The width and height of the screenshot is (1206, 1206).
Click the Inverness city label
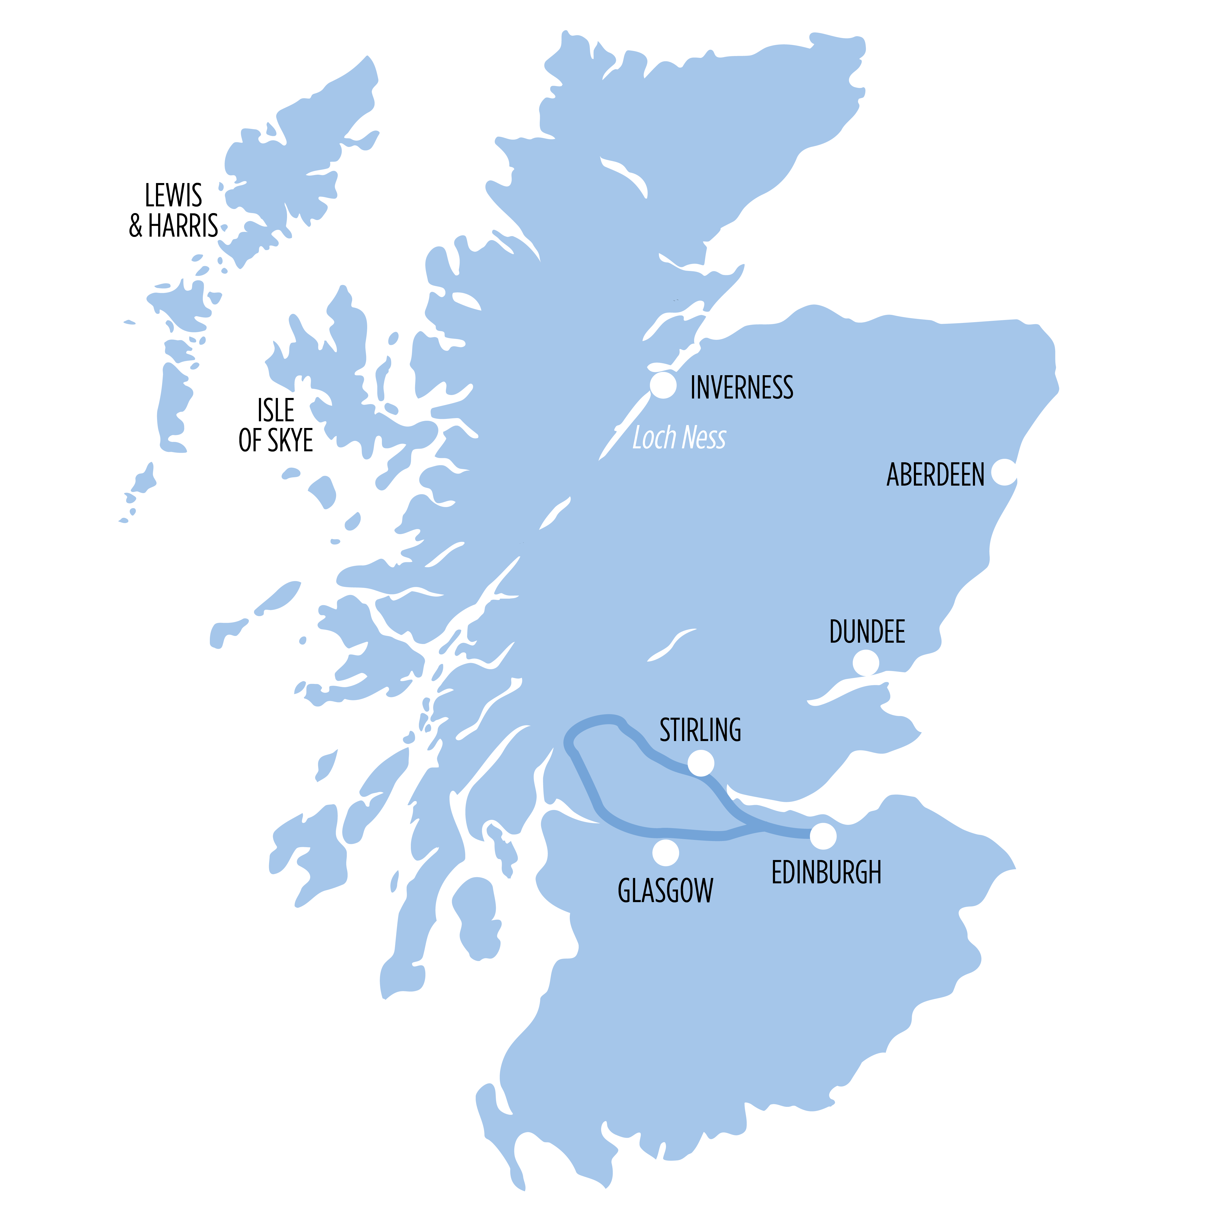point(742,388)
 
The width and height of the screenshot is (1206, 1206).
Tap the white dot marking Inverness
point(663,385)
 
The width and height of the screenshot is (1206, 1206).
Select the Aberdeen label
point(935,475)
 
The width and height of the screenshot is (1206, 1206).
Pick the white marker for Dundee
point(866,663)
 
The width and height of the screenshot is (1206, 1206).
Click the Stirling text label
point(700,730)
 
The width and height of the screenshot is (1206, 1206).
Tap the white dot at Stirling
point(701,763)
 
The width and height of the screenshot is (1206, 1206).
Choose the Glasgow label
point(665,891)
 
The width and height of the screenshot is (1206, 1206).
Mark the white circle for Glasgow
point(665,853)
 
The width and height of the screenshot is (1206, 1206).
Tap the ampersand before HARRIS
point(136,226)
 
